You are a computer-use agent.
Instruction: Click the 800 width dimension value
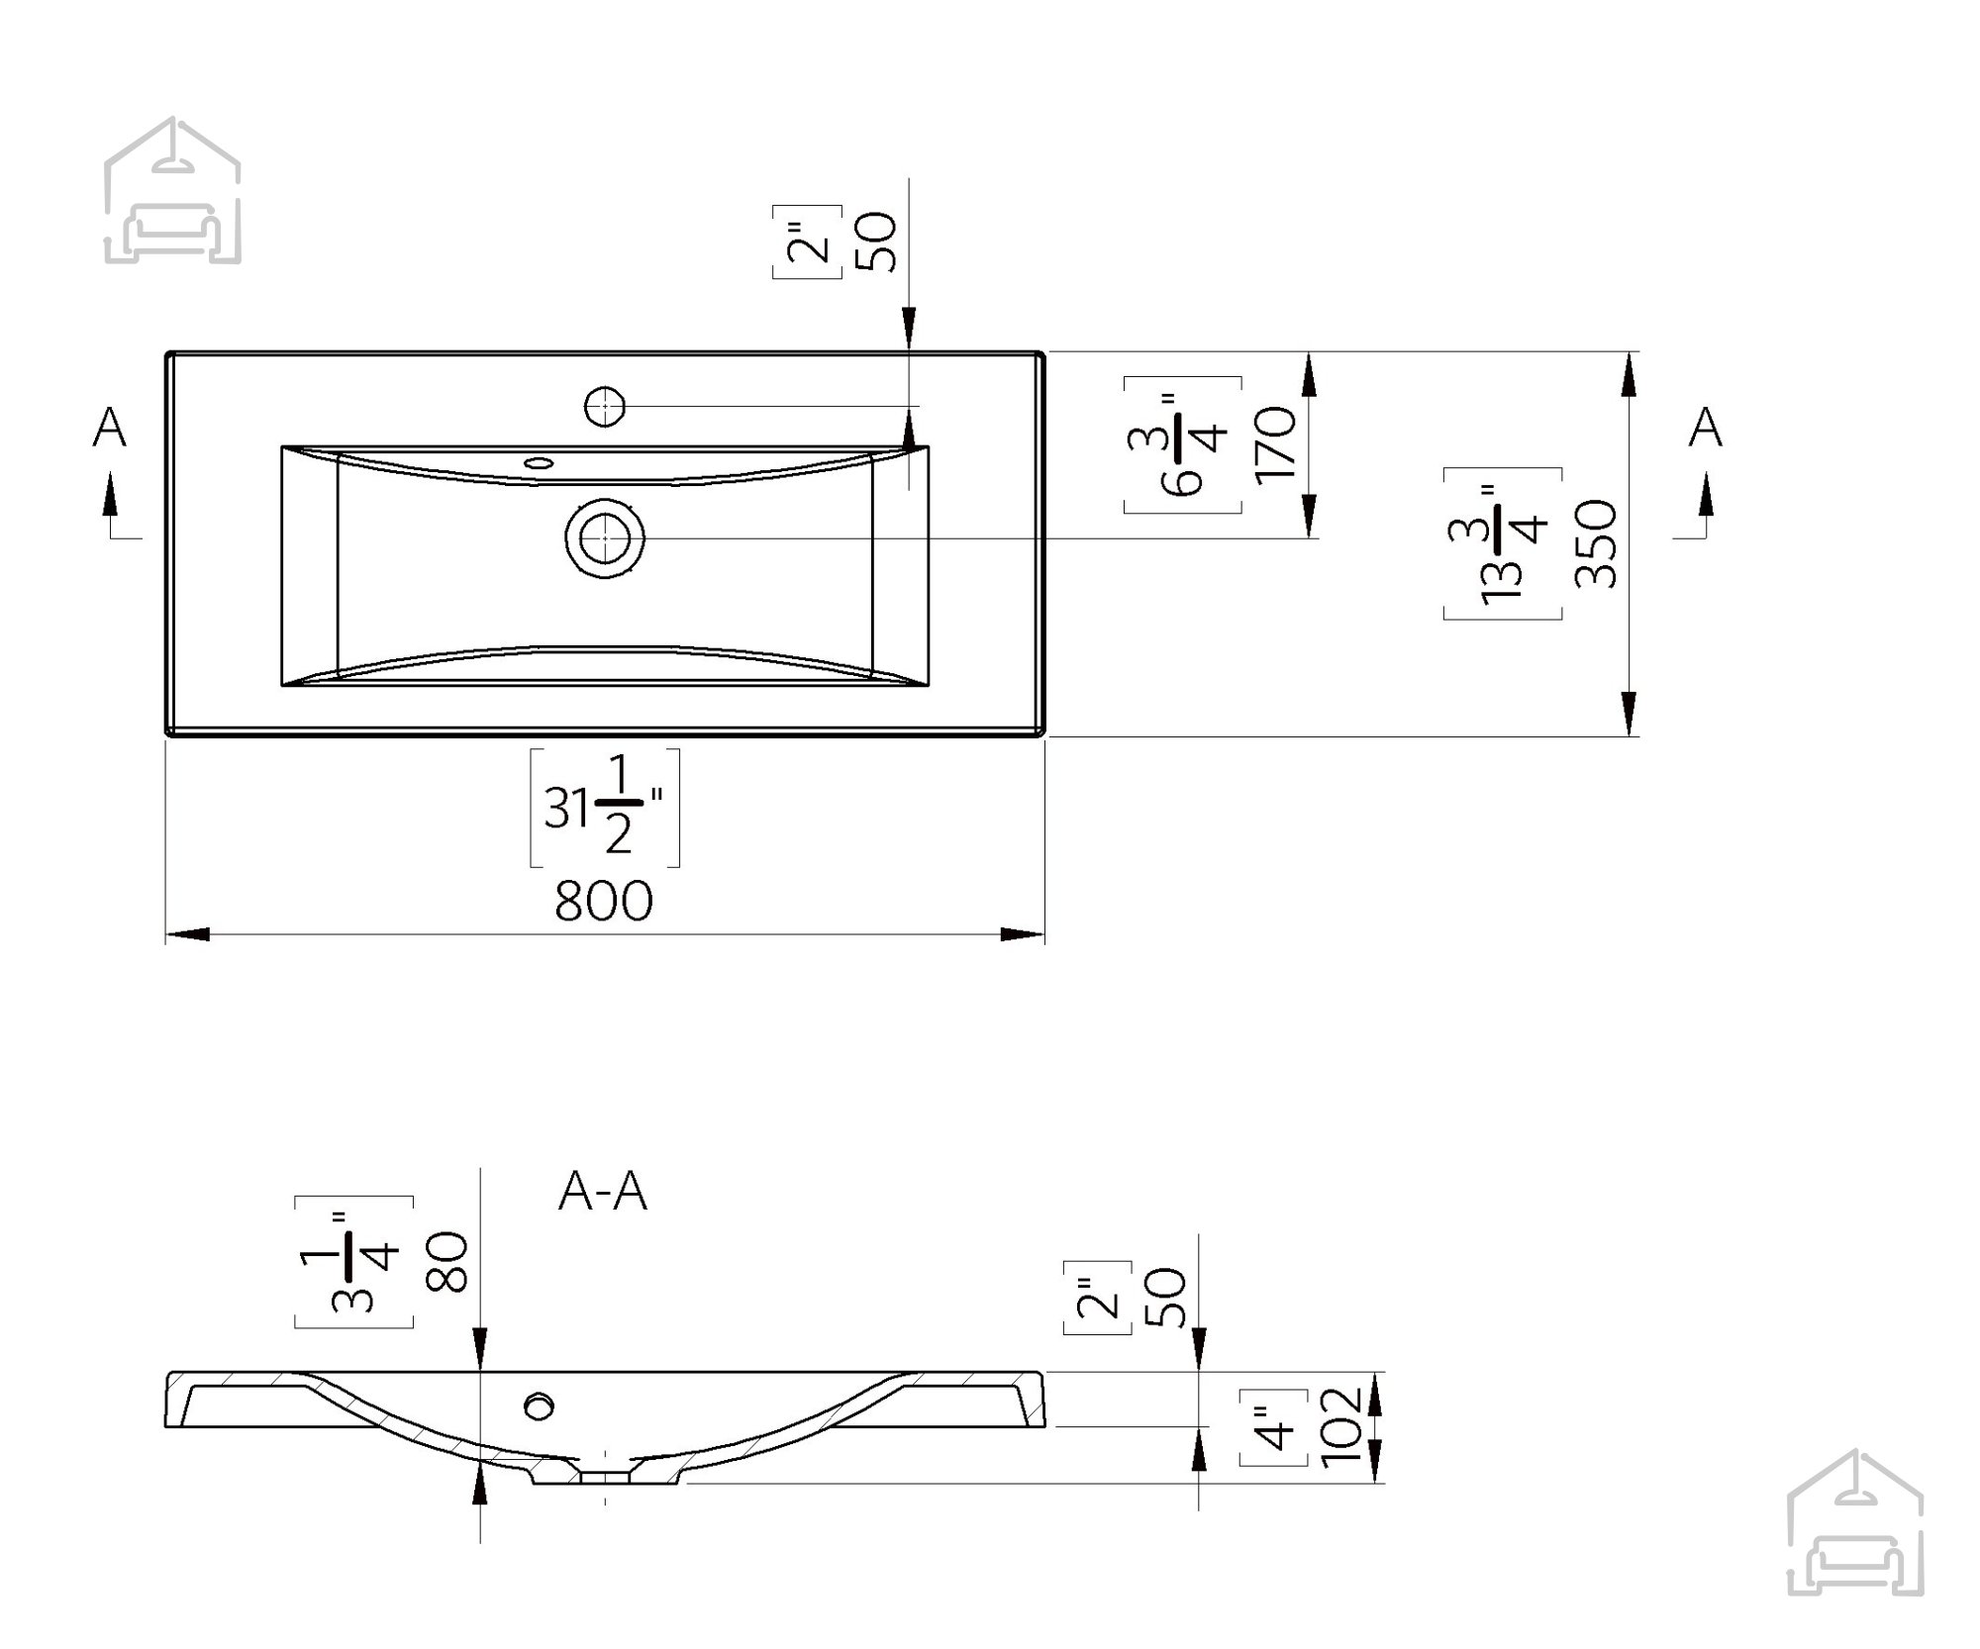click(604, 902)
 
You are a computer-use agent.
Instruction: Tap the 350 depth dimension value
click(1596, 543)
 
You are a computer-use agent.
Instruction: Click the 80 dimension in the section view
click(446, 1261)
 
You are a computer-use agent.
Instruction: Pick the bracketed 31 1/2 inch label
click(605, 808)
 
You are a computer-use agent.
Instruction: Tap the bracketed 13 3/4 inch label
click(1503, 543)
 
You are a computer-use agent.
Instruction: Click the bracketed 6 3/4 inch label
click(1183, 444)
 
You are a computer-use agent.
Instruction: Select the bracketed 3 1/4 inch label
click(353, 1262)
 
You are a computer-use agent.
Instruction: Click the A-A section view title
click(603, 1191)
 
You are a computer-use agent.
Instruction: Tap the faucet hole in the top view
click(604, 406)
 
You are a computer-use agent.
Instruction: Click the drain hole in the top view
click(605, 539)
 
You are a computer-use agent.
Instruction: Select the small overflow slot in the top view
click(540, 461)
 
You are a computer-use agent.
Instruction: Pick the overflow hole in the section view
click(541, 1406)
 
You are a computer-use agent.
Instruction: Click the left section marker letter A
click(110, 428)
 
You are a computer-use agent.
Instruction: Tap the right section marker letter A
click(1705, 428)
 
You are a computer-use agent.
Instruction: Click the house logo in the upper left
click(172, 190)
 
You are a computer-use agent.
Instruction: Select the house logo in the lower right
click(1855, 1523)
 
